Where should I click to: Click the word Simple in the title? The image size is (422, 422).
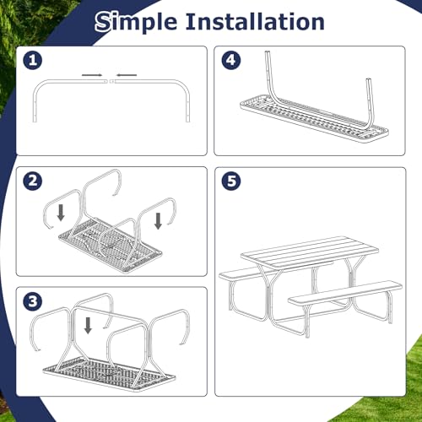tap(136, 22)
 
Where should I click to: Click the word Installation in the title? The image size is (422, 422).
tap(255, 21)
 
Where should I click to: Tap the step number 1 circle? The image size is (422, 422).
tap(33, 61)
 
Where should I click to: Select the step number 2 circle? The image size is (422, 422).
tap(33, 181)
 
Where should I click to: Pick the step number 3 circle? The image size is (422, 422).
tap(33, 301)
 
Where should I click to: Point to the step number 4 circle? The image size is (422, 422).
tap(231, 60)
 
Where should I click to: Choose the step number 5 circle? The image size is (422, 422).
tap(231, 181)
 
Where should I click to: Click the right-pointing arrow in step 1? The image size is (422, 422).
tap(92, 75)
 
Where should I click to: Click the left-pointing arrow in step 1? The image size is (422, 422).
tap(127, 75)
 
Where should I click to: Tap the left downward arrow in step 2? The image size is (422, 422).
tap(61, 213)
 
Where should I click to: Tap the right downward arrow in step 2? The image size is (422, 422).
tap(159, 220)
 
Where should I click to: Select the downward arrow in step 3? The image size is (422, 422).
tap(88, 326)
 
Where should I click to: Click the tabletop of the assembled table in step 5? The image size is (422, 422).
tap(310, 252)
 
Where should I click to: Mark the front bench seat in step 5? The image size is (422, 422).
tap(345, 293)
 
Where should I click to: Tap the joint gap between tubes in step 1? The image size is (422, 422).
tap(109, 81)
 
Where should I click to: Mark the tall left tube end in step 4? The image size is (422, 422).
tap(268, 52)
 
